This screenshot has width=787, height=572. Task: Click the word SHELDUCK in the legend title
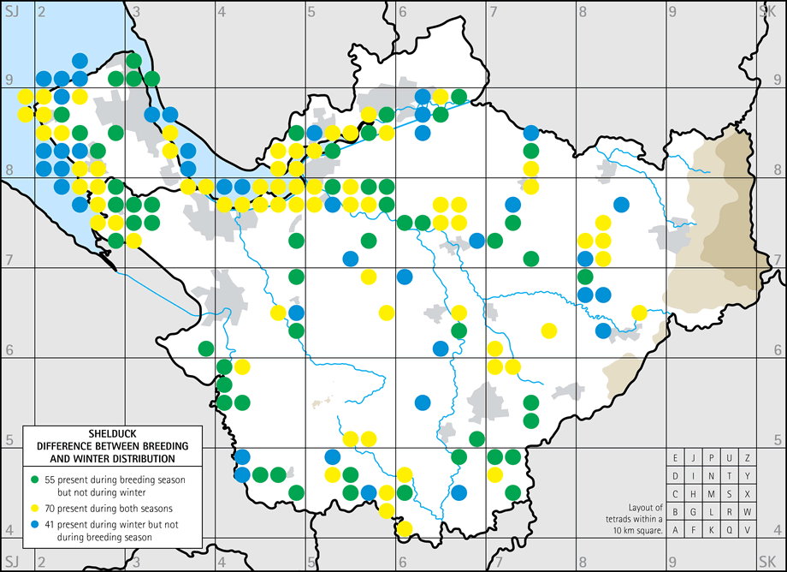[111, 432]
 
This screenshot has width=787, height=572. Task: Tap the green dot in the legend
[34, 478]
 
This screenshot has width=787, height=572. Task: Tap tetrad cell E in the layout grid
[676, 457]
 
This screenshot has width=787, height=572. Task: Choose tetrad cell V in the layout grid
[749, 530]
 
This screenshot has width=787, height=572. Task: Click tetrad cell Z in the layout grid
[749, 457]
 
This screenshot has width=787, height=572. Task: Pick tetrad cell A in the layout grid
[676, 530]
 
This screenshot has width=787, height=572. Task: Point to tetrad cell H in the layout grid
[694, 494]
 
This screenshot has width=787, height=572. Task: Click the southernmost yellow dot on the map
[405, 528]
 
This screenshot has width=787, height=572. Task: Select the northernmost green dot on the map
[133, 60]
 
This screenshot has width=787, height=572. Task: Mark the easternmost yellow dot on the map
[638, 313]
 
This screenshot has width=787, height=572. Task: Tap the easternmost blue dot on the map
[621, 205]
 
